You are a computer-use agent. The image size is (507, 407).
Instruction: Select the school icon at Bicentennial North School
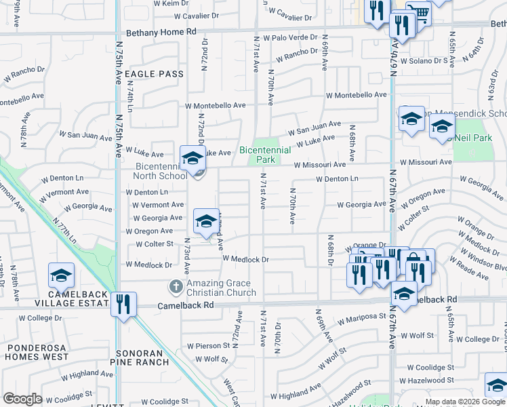(192, 158)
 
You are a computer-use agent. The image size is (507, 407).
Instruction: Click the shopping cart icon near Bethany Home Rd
(420, 13)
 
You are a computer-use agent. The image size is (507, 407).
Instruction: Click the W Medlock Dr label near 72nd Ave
(246, 259)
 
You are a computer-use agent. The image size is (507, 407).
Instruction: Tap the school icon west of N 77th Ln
(61, 275)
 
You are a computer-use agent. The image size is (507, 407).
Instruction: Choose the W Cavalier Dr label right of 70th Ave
(289, 14)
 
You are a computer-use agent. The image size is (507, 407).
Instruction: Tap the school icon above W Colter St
(206, 221)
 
